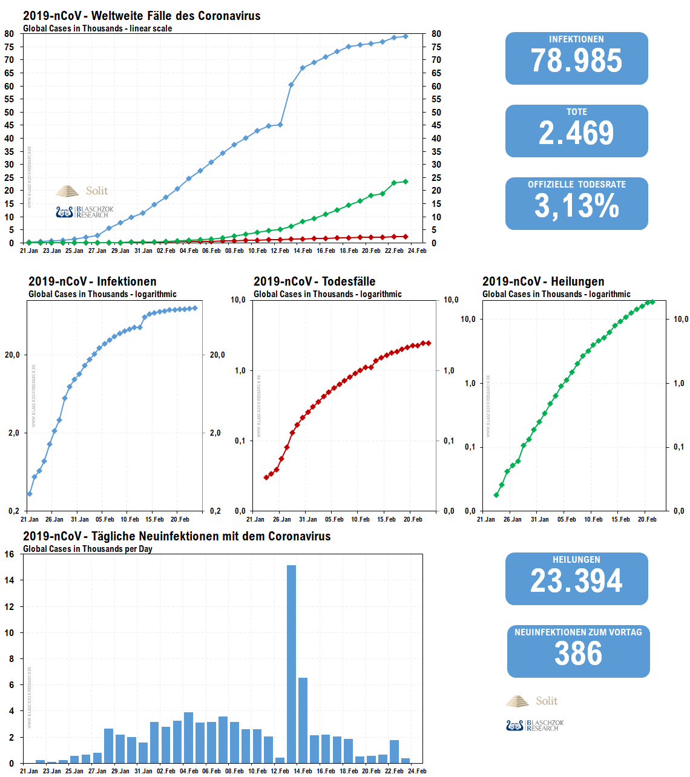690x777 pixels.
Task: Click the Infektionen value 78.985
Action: point(576,61)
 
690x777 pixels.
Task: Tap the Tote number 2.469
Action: point(576,133)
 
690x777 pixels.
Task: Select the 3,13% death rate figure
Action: point(576,206)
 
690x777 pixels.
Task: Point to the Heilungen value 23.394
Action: point(576,581)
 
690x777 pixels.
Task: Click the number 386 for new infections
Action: point(578,654)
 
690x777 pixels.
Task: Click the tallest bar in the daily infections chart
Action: point(291,664)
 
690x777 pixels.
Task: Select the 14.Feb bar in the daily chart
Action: point(303,720)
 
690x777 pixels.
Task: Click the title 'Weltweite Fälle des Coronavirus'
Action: point(176,16)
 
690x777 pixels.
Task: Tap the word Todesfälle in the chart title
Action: point(349,281)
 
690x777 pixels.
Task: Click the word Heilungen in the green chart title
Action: point(577,281)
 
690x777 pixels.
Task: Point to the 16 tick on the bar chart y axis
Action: point(10,554)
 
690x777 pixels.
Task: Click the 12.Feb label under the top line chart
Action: point(280,251)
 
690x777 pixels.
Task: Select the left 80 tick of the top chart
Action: point(9,34)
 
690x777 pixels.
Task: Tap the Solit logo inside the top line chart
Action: point(82,191)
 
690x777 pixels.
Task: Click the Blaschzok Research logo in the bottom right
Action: point(535,725)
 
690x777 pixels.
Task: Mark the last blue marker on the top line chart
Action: point(406,36)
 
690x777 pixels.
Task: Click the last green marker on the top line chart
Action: point(406,182)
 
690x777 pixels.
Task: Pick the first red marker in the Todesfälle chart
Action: point(266,477)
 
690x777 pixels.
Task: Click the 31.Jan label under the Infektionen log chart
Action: point(79,519)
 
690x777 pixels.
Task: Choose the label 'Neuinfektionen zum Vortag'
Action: point(578,632)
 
